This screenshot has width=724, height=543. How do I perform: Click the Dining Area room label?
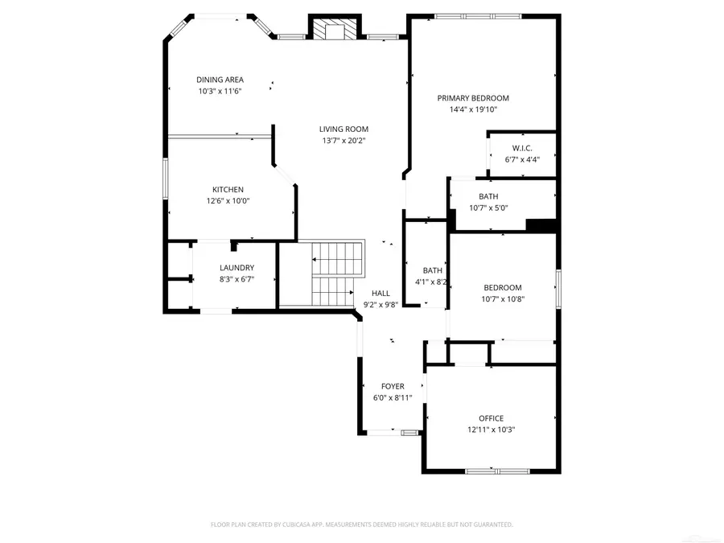click(220, 80)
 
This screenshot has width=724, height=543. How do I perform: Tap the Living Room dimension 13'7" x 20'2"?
click(343, 141)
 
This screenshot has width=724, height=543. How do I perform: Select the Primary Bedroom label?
click(473, 98)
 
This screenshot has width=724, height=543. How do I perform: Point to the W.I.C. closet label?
click(522, 148)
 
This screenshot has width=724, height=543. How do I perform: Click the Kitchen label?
click(228, 190)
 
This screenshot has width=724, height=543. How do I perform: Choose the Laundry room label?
click(237, 268)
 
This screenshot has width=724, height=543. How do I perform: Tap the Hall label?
click(381, 294)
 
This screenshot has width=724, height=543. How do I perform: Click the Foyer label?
click(393, 387)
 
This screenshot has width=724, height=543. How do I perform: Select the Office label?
click(491, 418)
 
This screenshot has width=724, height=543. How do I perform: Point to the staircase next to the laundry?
click(334, 274)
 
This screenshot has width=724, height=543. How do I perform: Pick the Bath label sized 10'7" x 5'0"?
click(488, 196)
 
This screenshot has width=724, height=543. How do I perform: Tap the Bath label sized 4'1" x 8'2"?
click(433, 270)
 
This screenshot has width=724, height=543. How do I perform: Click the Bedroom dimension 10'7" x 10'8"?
click(502, 299)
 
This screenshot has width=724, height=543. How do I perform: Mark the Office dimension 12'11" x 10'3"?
click(491, 430)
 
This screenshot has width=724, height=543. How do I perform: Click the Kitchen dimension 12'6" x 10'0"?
click(228, 201)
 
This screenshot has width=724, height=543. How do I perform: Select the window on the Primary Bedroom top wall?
click(478, 15)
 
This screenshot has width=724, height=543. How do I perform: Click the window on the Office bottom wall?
click(496, 471)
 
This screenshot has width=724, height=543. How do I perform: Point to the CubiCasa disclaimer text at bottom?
click(361, 524)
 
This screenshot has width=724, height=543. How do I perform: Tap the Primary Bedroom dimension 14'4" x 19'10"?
click(473, 109)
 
